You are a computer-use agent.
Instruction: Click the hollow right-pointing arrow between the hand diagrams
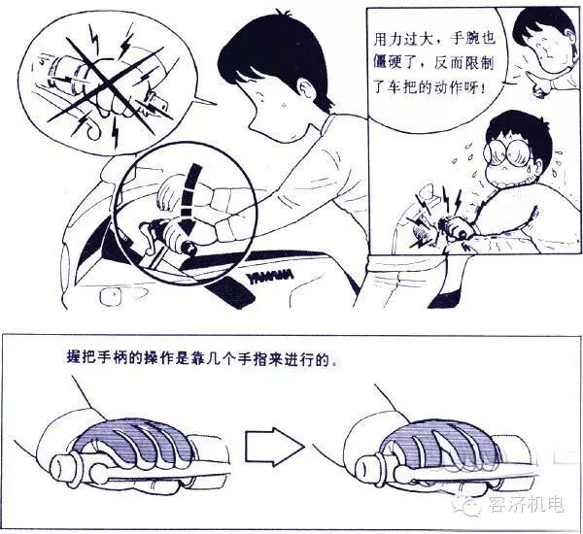274,447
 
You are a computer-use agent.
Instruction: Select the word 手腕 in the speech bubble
473,39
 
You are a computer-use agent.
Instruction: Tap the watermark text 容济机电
527,504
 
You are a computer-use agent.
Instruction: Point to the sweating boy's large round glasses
508,152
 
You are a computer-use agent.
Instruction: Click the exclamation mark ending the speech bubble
482,88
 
